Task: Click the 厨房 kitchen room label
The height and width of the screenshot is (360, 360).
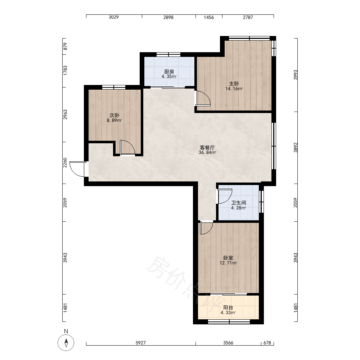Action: click(x=169, y=72)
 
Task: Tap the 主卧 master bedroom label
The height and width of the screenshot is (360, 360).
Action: click(x=234, y=84)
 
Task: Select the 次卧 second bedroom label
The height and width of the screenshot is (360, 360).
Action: click(x=114, y=115)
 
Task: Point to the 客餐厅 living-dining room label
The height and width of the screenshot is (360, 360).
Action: click(x=207, y=147)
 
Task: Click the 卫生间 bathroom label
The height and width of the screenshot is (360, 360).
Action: click(x=239, y=203)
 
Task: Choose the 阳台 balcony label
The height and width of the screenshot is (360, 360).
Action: click(x=228, y=307)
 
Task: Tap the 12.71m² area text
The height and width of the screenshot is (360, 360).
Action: click(x=228, y=263)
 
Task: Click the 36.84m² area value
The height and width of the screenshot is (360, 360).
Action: click(x=207, y=152)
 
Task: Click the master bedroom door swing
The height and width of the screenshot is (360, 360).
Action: click(x=203, y=98)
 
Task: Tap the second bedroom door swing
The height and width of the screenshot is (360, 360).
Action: click(x=127, y=147)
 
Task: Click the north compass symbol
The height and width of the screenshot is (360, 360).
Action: click(x=66, y=343)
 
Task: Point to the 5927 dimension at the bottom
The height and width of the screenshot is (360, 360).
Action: click(x=140, y=343)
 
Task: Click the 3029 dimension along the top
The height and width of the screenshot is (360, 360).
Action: click(x=114, y=17)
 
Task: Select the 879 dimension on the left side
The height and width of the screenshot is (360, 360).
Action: click(x=65, y=46)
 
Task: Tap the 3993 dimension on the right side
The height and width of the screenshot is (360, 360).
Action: click(x=296, y=75)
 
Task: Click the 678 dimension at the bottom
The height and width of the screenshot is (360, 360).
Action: click(x=267, y=343)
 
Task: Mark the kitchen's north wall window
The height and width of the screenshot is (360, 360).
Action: click(x=168, y=55)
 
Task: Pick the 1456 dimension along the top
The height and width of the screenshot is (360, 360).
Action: click(x=209, y=17)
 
